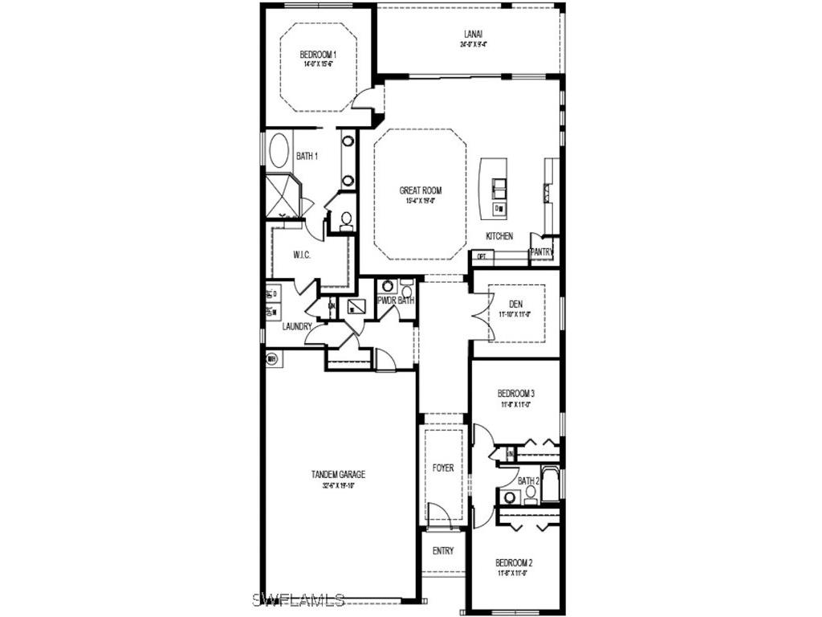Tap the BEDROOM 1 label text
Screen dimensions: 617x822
[318, 55]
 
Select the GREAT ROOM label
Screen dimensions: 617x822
[421, 190]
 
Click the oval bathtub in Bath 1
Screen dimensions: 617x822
[279, 150]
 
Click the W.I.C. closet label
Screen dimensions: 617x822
[302, 255]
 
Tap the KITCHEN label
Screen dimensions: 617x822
[498, 236]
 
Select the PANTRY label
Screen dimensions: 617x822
[541, 251]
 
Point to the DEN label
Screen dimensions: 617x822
[515, 304]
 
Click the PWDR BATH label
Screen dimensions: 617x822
[396, 300]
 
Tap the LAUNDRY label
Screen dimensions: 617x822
[297, 326]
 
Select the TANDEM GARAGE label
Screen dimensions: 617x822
[338, 475]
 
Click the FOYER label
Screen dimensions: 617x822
[443, 468]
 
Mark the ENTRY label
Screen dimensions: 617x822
[443, 551]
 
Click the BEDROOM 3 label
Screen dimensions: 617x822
[516, 394]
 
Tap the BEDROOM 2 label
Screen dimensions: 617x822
[515, 562]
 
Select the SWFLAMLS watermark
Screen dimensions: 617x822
[298, 599]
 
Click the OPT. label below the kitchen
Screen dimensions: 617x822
[482, 256]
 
